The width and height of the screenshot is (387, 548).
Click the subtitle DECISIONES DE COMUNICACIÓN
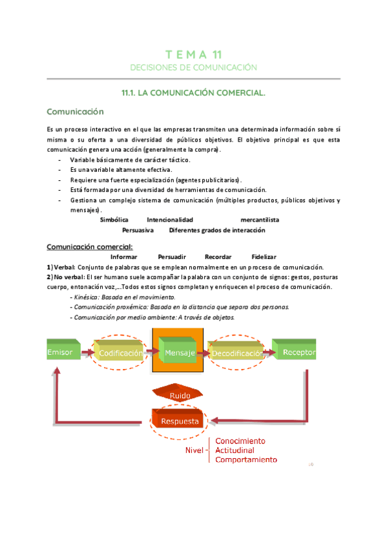(193, 67)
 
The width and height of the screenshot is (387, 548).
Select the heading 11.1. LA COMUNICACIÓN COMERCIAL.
(193, 93)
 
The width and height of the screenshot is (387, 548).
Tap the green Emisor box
(62, 351)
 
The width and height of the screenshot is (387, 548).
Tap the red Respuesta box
(177, 422)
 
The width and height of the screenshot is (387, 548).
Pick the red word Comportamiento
(246, 460)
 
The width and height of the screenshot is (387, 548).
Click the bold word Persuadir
(171, 257)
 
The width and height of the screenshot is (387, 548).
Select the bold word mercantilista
(259, 220)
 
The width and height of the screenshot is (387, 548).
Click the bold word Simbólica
(114, 220)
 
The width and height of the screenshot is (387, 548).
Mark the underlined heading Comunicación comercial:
(90, 246)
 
